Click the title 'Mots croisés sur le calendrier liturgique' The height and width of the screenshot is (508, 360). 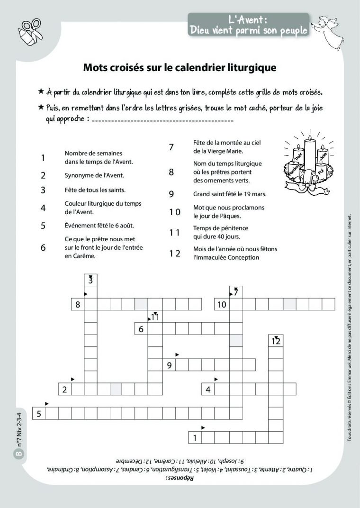[180, 68]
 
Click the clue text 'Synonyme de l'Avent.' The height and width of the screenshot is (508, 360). [94, 175]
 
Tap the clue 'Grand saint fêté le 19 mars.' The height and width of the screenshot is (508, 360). [230, 194]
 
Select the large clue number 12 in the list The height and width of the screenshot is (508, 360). [175, 253]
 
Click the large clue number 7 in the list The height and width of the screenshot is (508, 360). [171, 147]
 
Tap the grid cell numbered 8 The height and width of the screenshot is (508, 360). [78, 304]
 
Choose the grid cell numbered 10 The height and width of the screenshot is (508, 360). [223, 304]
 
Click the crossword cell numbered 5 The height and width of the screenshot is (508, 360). [39, 413]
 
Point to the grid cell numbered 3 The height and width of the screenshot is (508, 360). [90, 281]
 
